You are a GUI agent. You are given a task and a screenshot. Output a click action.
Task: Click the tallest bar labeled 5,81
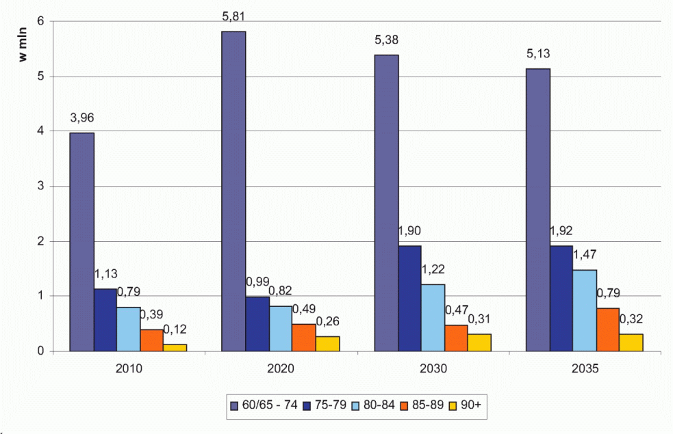[x=234, y=191]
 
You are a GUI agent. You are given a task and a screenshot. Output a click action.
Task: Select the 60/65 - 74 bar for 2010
[x=82, y=242]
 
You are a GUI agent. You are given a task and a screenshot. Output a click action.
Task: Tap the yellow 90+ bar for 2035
[x=631, y=342]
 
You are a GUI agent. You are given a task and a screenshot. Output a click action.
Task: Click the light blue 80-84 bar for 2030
[x=433, y=318]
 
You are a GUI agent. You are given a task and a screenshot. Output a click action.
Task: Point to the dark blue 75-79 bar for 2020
[x=257, y=324]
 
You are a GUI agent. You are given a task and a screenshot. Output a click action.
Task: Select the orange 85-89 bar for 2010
[x=152, y=340]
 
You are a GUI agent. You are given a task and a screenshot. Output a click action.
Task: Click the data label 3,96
[x=82, y=118]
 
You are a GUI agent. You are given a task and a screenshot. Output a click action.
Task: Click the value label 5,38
[x=385, y=40]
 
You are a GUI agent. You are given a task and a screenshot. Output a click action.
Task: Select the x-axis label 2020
[x=281, y=369]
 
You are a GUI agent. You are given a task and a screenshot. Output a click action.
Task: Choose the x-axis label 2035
[x=585, y=369]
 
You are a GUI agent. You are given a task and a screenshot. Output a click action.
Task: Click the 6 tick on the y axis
[x=40, y=21]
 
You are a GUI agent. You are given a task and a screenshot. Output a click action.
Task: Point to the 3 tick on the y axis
[x=40, y=186]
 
